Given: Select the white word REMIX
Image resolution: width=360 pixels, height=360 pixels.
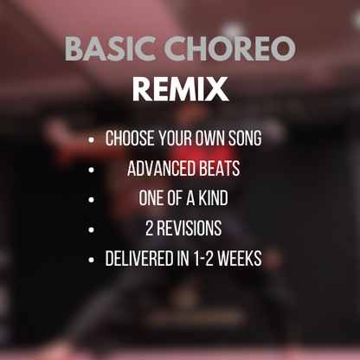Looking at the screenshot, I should click(x=180, y=89).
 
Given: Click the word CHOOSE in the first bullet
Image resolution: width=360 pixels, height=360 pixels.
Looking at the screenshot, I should click(x=131, y=138).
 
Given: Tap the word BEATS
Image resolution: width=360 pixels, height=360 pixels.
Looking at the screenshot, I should click(x=220, y=169).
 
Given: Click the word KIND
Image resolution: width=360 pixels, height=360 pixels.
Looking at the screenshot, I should click(x=213, y=199).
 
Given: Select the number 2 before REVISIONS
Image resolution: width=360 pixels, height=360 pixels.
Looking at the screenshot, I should click(x=149, y=229).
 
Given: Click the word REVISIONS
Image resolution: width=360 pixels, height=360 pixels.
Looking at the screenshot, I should click(x=190, y=229).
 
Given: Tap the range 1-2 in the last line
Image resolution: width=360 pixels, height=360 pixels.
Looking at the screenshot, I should click(x=208, y=259).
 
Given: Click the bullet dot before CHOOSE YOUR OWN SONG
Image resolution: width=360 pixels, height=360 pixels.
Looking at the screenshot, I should click(x=93, y=139).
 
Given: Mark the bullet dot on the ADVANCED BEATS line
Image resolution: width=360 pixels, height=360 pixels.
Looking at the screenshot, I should click(x=93, y=170).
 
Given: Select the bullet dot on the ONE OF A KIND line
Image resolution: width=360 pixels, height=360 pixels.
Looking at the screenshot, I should click(x=93, y=199).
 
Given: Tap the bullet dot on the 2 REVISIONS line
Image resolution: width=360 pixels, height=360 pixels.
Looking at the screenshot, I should click(x=93, y=229).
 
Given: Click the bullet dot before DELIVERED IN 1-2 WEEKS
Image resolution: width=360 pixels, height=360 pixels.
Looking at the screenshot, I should click(x=93, y=260).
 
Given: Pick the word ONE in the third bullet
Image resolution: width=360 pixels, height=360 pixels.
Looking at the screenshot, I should click(x=151, y=199).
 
